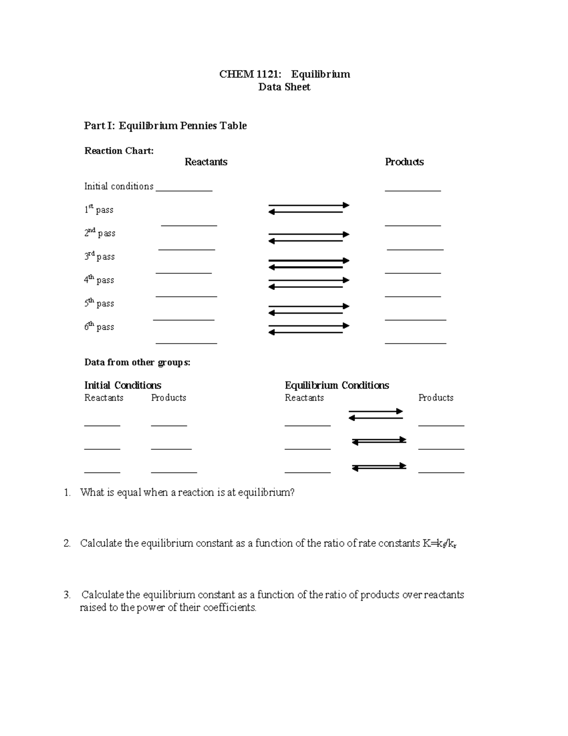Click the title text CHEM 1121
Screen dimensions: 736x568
coord(250,74)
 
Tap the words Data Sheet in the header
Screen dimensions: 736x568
coord(284,87)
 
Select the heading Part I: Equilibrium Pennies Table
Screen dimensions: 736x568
coord(165,126)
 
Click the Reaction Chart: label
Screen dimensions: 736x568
coord(119,151)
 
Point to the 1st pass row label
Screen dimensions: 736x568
coord(98,209)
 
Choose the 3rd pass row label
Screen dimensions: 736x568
coord(99,256)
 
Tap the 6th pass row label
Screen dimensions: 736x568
coord(99,327)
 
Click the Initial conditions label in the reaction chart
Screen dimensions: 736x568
coord(119,186)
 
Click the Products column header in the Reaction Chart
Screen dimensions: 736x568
coord(404,162)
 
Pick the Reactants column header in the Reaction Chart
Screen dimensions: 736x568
coord(205,162)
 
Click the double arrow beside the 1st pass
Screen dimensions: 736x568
coord(309,209)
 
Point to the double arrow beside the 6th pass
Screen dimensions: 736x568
coord(309,329)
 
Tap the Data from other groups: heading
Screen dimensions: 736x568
coord(137,363)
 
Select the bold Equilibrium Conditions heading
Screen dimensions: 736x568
coord(337,385)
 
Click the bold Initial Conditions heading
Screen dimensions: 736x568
coord(123,385)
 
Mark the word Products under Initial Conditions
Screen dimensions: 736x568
coord(169,398)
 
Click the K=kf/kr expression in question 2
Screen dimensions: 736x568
coord(440,544)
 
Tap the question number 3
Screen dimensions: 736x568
coord(67,595)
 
